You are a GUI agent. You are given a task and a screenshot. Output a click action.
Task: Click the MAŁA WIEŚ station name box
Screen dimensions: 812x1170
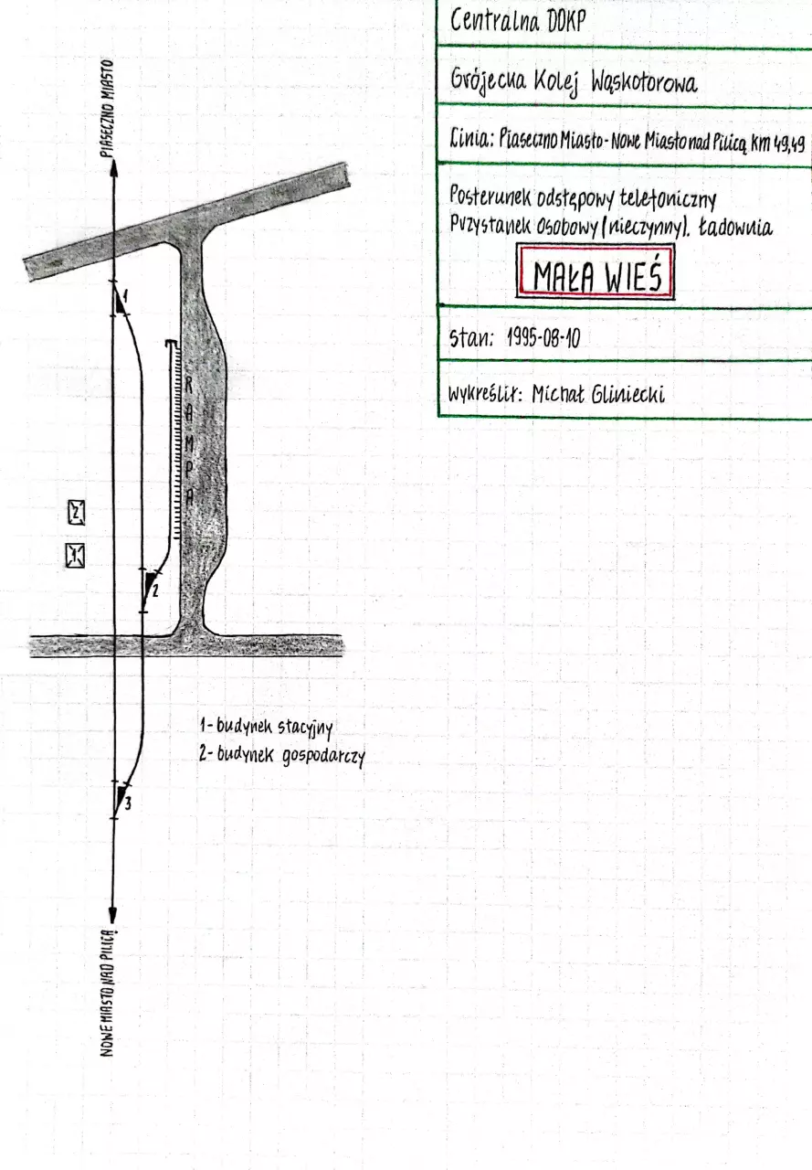595,272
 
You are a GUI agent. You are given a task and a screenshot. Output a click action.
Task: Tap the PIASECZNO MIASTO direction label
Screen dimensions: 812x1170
107,108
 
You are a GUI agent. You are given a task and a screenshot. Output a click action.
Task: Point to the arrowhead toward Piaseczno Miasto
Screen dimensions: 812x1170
113,167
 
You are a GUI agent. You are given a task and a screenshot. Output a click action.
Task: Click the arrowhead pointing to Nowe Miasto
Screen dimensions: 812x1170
112,914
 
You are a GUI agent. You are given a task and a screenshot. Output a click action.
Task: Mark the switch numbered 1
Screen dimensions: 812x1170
120,300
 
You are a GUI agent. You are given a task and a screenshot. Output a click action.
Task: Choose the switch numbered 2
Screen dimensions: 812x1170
151,589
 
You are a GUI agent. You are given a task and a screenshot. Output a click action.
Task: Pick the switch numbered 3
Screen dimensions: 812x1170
121,800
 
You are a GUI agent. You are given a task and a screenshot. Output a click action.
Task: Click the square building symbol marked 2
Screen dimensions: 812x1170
77,513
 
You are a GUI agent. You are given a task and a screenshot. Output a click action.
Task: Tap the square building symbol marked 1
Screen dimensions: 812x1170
75,555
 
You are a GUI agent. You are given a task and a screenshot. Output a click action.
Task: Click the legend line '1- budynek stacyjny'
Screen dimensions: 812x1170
267,727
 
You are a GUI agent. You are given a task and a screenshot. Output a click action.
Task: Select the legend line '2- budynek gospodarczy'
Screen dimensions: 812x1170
282,755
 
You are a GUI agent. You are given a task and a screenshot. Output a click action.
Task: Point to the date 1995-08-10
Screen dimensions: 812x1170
543,338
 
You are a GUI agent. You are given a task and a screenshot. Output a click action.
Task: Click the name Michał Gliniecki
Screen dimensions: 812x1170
598,394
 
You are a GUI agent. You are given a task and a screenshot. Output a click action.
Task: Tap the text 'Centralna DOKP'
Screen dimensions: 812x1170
518,21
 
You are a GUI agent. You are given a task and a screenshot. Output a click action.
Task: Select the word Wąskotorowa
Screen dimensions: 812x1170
644,83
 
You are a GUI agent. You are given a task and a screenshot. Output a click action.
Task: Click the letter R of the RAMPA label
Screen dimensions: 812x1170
189,385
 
